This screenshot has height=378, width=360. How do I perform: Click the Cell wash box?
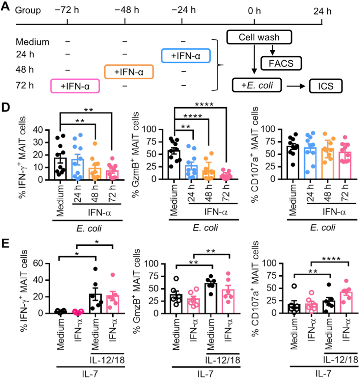click(259, 37)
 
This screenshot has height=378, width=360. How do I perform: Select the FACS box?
click(281, 63)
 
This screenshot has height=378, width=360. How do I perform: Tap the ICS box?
click(325, 86)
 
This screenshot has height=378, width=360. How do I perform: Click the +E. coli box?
click(257, 85)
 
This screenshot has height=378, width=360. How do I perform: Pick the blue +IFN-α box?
click(186, 56)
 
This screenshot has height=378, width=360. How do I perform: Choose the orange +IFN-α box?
click(129, 72)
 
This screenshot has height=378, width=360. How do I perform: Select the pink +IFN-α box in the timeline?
click(75, 86)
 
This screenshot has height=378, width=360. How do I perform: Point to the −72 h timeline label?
click(67, 10)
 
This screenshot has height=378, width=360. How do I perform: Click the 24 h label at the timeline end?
click(322, 11)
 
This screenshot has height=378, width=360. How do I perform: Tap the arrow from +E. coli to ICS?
click(296, 86)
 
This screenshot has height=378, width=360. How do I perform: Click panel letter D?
click(6, 107)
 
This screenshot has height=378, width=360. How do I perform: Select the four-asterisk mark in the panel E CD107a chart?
click(331, 259)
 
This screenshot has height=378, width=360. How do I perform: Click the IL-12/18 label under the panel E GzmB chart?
click(222, 360)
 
